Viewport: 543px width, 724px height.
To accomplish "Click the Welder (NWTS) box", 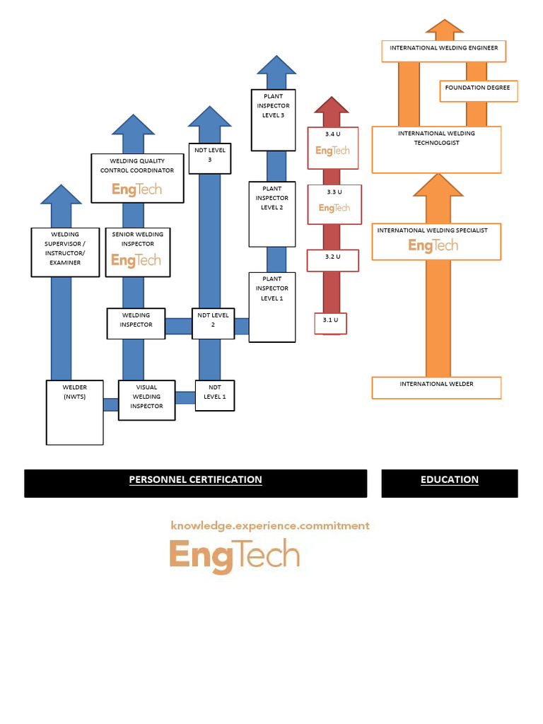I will (75, 412).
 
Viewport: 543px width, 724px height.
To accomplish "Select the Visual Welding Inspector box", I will (146, 400).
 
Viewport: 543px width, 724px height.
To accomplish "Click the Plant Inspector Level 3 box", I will (273, 119).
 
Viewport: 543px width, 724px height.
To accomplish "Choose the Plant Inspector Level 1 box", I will (272, 307).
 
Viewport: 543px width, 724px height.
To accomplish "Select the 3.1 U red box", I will (331, 322).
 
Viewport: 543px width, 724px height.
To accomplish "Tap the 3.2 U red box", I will (333, 259).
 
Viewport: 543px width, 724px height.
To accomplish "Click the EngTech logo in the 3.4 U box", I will (332, 151).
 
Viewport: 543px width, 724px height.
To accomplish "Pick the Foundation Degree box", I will (477, 91).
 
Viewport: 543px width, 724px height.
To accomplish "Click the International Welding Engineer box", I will (444, 51).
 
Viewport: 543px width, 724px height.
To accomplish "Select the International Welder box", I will (436, 387).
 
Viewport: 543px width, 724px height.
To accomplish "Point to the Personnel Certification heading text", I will (195, 479).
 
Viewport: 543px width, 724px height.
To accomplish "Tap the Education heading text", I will (450, 479).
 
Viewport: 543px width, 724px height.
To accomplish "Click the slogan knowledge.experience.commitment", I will (270, 526).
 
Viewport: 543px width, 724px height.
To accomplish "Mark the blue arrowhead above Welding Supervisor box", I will (62, 195).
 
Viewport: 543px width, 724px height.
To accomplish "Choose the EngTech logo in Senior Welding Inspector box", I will (136, 260).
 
